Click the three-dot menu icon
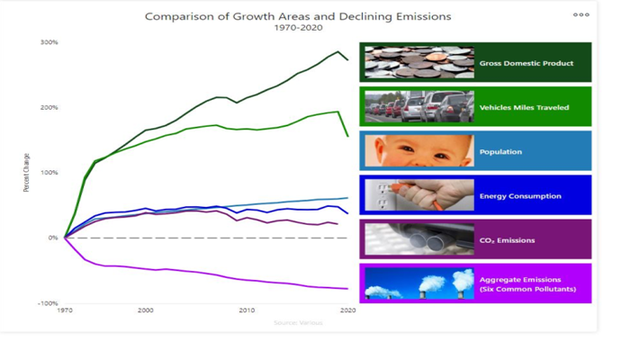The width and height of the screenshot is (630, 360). point(580,14)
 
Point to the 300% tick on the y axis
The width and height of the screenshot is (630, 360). point(49,42)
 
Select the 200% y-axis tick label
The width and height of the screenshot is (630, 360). point(49,107)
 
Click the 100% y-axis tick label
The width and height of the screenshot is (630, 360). point(49,172)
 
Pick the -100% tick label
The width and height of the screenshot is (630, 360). point(48,302)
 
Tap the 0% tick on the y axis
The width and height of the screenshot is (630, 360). point(52,238)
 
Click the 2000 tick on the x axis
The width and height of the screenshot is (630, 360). point(145,310)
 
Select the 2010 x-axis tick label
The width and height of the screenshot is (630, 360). point(247,310)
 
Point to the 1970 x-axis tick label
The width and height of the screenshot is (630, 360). point(65,310)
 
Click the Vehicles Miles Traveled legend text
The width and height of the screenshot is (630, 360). point(524,107)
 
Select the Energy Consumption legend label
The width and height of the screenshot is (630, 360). point(520,195)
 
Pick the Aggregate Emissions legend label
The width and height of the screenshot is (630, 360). point(526,283)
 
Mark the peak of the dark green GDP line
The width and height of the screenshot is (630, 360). point(337,51)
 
